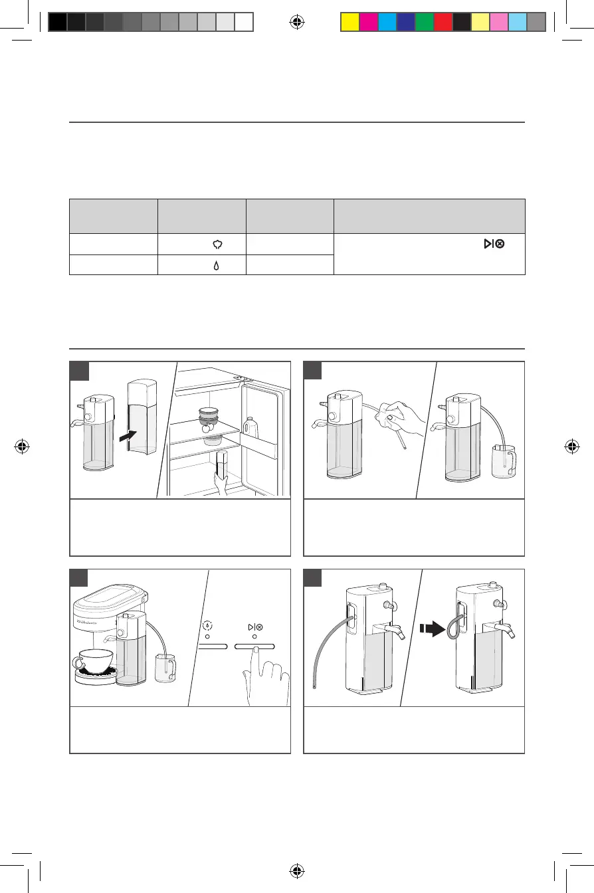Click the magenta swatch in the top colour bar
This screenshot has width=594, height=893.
pos(368,23)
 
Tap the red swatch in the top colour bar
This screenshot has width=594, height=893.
pos(443,23)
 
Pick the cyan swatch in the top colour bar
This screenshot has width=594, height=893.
pos(387,23)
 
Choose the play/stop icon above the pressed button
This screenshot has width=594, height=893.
pos(254,627)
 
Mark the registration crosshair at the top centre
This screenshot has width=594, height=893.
pos(297,23)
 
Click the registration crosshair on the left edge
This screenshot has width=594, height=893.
pos(23,446)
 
